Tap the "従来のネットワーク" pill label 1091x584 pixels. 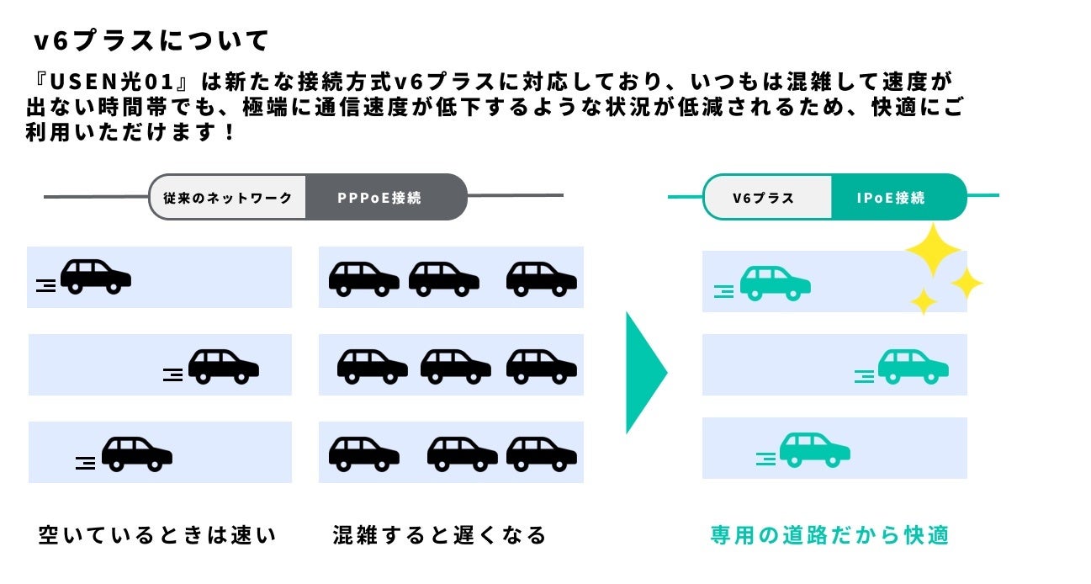pyautogui.click(x=227, y=199)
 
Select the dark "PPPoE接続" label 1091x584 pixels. pyautogui.click(x=379, y=199)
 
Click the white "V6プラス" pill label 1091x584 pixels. pyautogui.click(x=763, y=199)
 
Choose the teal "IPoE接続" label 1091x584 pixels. pyautogui.click(x=891, y=199)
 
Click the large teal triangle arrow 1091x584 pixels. pyautogui.click(x=644, y=372)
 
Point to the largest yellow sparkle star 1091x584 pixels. pyautogui.click(x=933, y=249)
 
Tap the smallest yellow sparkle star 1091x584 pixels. pyautogui.click(x=924, y=300)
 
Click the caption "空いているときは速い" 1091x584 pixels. pyautogui.click(x=157, y=535)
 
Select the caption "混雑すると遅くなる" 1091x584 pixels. pyautogui.click(x=440, y=535)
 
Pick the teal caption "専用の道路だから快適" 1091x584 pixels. pyautogui.click(x=830, y=535)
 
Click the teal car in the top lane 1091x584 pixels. pyautogui.click(x=775, y=284)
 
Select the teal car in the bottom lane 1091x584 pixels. pyautogui.click(x=814, y=450)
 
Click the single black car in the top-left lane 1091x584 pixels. pyautogui.click(x=95, y=277)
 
